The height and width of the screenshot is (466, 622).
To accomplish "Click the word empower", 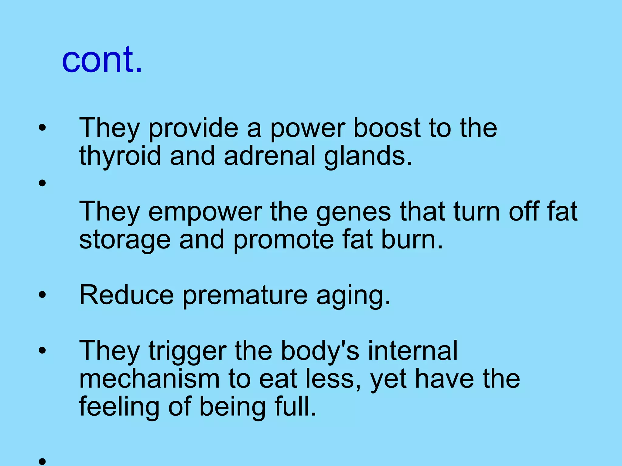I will (x=205, y=212).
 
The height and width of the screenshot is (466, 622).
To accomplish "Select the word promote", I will (x=284, y=240).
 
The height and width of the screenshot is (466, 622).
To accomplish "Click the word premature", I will (x=245, y=295).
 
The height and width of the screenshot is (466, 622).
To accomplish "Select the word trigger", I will (x=187, y=351).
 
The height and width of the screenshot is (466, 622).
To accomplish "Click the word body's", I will (x=320, y=351).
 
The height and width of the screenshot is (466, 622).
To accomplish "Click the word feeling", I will (x=119, y=407).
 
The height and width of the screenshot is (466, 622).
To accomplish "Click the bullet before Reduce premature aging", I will (x=42, y=294).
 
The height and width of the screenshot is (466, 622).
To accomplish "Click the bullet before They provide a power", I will (x=42, y=127).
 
